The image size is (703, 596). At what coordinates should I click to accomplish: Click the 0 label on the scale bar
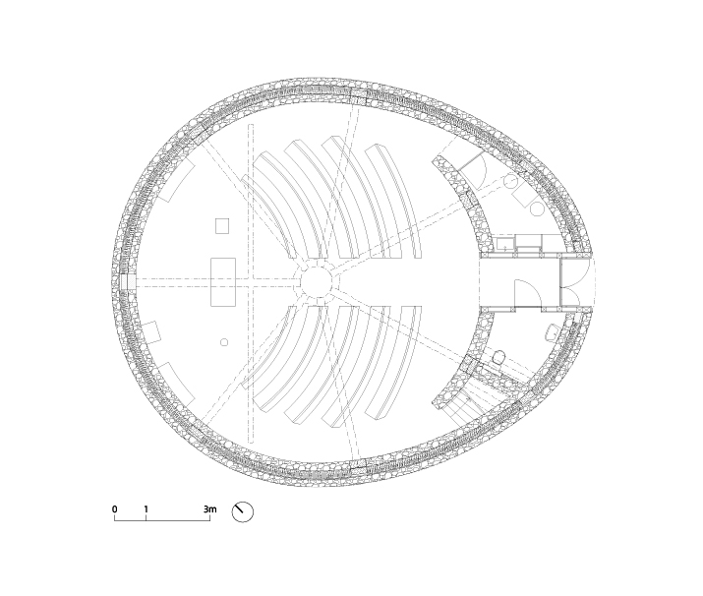pos(115,509)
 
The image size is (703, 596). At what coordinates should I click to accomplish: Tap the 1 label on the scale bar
pos(146,509)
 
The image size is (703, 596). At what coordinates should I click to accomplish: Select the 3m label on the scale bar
pos(209,509)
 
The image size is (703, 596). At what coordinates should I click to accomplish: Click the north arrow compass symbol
pos(243,511)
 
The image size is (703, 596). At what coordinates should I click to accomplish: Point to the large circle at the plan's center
pos(316,281)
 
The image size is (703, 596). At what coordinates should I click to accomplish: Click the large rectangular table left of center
pos(223,281)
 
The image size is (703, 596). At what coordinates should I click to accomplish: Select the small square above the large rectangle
pos(222,226)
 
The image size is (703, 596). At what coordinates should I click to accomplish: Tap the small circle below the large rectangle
pos(224,342)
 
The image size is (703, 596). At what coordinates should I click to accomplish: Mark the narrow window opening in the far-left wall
pos(128,281)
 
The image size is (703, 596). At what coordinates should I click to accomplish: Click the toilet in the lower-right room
pos(498,357)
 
